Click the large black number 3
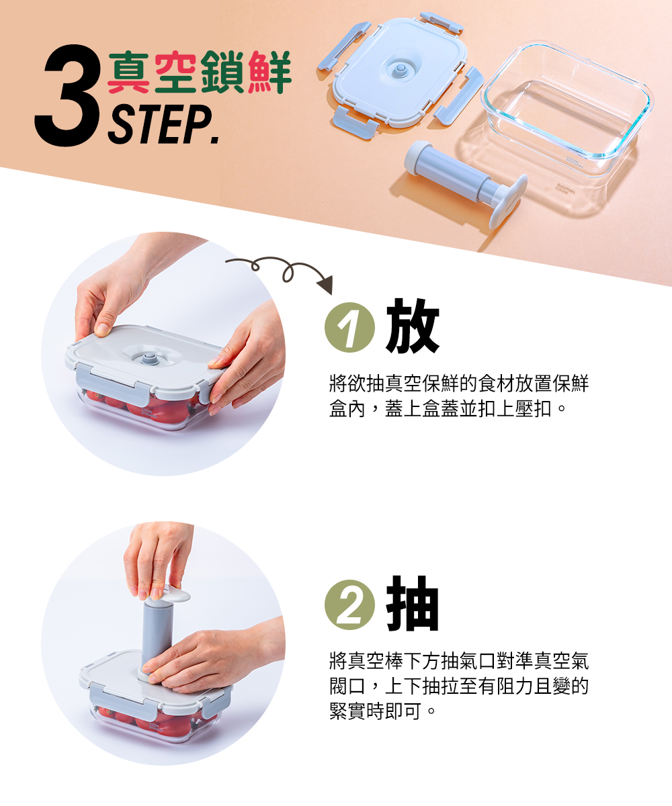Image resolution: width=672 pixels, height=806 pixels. pyautogui.click(x=68, y=95)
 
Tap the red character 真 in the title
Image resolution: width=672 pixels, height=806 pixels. pyautogui.click(x=128, y=72)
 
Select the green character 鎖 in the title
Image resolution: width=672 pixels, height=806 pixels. pyautogui.click(x=222, y=72)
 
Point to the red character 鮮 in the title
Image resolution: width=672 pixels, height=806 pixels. pyautogui.click(x=269, y=72)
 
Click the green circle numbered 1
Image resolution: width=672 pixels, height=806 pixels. pyautogui.click(x=349, y=327)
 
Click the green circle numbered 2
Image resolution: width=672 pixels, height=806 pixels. pyautogui.click(x=349, y=605)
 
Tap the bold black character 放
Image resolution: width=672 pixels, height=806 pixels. pyautogui.click(x=413, y=326)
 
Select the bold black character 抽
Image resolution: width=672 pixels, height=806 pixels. pyautogui.click(x=413, y=604)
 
